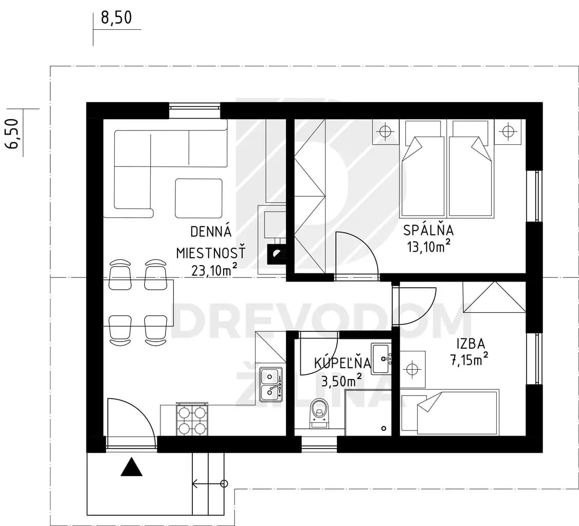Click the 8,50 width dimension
click(x=116, y=17)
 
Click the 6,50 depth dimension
click(x=12, y=133)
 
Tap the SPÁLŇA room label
click(x=428, y=230)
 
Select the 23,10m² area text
click(x=214, y=270)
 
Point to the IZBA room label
click(x=471, y=344)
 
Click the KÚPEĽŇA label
click(x=342, y=363)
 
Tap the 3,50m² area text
click(x=341, y=380)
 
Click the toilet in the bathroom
click(x=319, y=414)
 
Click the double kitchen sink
click(x=272, y=385)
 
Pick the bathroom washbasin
click(x=381, y=359)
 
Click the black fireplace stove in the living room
click(x=277, y=254)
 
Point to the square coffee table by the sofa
click(x=198, y=198)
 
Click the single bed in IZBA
click(x=450, y=412)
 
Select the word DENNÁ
click(x=211, y=232)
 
